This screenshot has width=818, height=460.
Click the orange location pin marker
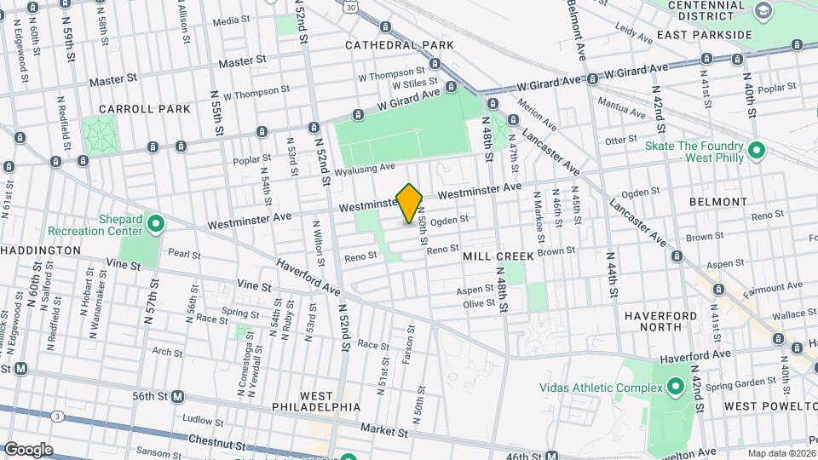point(410,203)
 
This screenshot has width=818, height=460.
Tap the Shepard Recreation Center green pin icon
point(155,224)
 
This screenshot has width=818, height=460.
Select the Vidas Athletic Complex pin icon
point(676,388)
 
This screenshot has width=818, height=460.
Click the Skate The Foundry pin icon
point(756,152)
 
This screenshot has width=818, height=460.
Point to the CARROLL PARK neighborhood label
point(132,109)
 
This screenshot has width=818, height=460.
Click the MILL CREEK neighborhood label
point(498,256)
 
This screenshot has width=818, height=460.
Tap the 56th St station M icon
point(178,396)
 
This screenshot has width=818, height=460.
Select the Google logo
point(28,449)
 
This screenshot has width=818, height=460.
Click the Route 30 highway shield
point(350,6)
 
